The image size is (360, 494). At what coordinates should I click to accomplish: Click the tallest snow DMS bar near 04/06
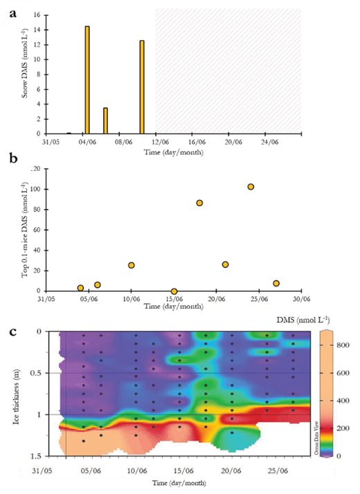87,80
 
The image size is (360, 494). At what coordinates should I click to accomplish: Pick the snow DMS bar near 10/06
142,86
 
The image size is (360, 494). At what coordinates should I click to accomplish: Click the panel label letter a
8,6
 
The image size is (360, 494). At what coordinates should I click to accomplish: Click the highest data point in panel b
251,187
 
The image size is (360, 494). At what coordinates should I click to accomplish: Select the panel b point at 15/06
174,291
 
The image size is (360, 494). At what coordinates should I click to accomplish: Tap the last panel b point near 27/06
276,283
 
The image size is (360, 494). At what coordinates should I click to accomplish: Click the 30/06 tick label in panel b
301,299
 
